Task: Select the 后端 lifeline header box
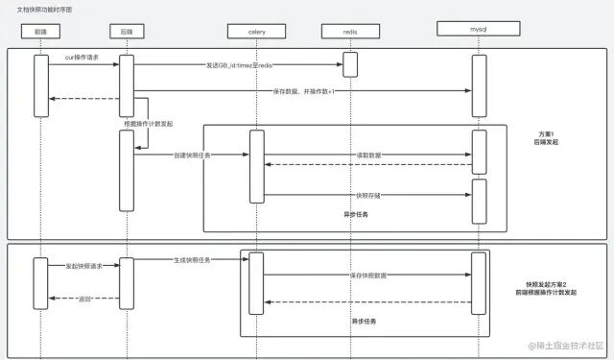point(126,32)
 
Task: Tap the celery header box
point(256,32)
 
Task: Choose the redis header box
point(350,32)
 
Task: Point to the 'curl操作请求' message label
point(82,58)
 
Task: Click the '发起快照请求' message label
point(83,265)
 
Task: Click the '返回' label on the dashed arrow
point(84,300)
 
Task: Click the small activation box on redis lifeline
point(350,63)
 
